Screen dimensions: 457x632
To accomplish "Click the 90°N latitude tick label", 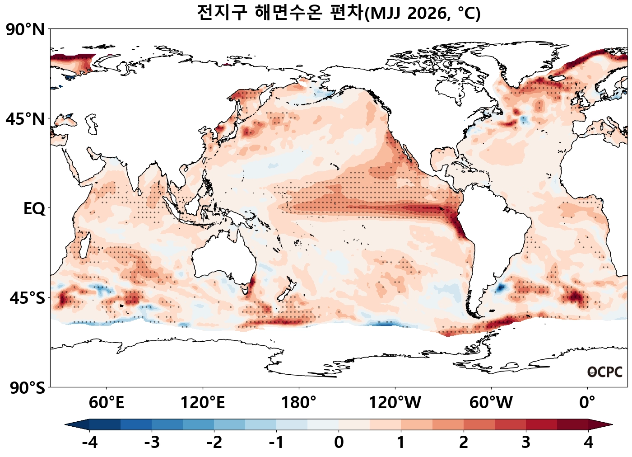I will point(25,30).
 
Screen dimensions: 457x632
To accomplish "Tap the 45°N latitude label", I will point(25,119).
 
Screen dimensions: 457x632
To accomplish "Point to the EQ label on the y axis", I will point(34,209).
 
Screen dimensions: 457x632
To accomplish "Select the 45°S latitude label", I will point(27,298).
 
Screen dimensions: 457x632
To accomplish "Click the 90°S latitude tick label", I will point(27,388).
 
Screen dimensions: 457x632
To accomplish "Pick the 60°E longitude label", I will point(106,402).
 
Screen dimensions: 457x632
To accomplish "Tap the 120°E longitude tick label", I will point(202,402).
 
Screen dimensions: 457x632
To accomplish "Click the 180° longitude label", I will point(298,402).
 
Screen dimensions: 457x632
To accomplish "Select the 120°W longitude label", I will point(395,402).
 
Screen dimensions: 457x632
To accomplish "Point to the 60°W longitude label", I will point(491,402).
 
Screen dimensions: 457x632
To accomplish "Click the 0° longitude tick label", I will point(587,402).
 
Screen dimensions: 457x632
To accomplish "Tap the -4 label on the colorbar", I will point(89,443).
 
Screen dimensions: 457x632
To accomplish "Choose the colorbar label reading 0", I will point(339,443).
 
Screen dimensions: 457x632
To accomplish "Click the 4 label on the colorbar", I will point(588,443).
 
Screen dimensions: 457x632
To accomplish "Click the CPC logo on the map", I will point(605,372).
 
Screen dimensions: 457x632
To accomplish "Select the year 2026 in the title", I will point(426,13).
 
